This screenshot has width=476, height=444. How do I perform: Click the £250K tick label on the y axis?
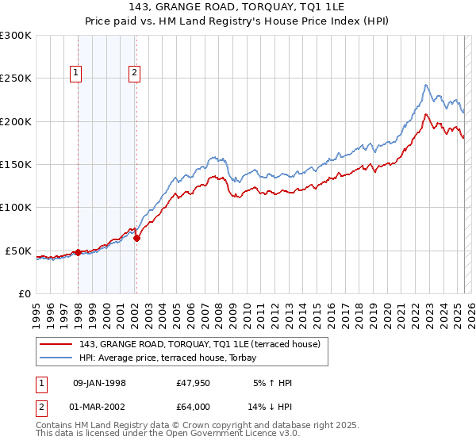tap(16, 78)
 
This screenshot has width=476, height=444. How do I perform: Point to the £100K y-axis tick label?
tap(16, 208)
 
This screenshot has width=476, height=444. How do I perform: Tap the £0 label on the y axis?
tap(24, 293)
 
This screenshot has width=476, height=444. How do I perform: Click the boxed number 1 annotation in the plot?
tap(76, 74)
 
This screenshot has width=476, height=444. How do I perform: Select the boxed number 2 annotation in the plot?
tap(135, 74)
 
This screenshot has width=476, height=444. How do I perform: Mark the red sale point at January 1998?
tap(79, 252)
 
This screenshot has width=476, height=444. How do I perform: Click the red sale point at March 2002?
tap(136, 238)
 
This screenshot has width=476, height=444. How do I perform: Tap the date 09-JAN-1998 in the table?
tap(99, 383)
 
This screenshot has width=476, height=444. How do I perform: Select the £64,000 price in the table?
tap(194, 406)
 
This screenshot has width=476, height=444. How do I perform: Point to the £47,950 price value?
tap(194, 383)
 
